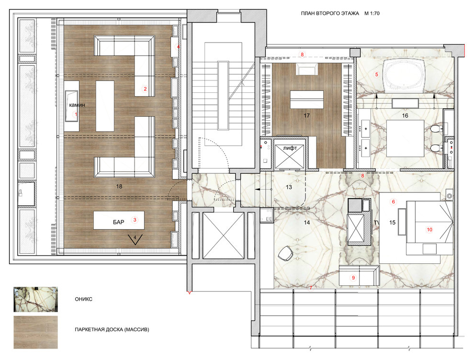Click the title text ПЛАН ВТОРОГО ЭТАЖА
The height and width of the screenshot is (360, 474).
[x=330, y=13]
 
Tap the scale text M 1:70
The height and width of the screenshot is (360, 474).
[x=372, y=13]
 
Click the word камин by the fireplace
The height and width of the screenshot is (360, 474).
[x=77, y=105]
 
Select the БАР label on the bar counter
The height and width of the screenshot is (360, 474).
[x=119, y=222]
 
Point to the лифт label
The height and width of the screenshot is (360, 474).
[x=290, y=148]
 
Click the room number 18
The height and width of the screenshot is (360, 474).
[x=119, y=187]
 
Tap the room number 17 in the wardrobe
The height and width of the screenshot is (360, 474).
[x=306, y=115]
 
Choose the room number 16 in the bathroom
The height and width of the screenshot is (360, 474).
[x=405, y=115]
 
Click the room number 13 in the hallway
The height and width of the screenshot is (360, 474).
[x=289, y=187]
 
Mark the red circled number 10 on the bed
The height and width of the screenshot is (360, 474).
[x=429, y=230]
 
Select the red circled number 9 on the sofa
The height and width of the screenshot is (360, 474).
[x=353, y=278]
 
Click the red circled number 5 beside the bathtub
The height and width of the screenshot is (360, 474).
[x=376, y=74]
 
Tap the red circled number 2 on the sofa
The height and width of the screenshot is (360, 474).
[x=145, y=89]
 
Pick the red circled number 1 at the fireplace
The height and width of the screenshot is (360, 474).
[x=76, y=114]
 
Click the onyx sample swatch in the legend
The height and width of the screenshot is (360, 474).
[x=36, y=300]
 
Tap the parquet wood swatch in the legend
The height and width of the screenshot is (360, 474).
[x=36, y=332]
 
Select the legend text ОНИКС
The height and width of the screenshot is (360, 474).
[x=83, y=299]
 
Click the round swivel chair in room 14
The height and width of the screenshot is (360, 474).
[x=285, y=253]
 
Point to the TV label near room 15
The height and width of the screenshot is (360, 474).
[x=376, y=223]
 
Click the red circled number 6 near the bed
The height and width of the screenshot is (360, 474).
[x=393, y=202]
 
